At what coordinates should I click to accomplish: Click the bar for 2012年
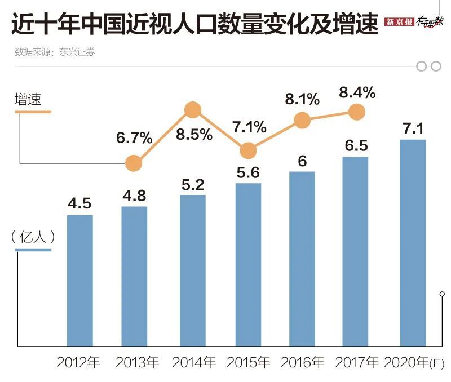79,280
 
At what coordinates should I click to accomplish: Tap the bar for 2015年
248,264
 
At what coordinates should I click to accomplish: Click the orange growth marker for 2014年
193,110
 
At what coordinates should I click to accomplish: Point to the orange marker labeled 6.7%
134,163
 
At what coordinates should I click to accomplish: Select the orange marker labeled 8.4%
356,112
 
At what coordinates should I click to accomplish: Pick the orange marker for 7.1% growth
248,150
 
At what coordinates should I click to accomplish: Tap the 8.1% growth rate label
302,100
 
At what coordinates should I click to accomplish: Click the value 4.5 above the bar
79,203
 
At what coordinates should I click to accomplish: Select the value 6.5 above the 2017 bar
356,145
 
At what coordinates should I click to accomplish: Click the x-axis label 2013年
137,362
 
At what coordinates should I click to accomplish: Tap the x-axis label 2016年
302,362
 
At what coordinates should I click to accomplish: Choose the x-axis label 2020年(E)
414,362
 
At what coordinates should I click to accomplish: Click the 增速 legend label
28,100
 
